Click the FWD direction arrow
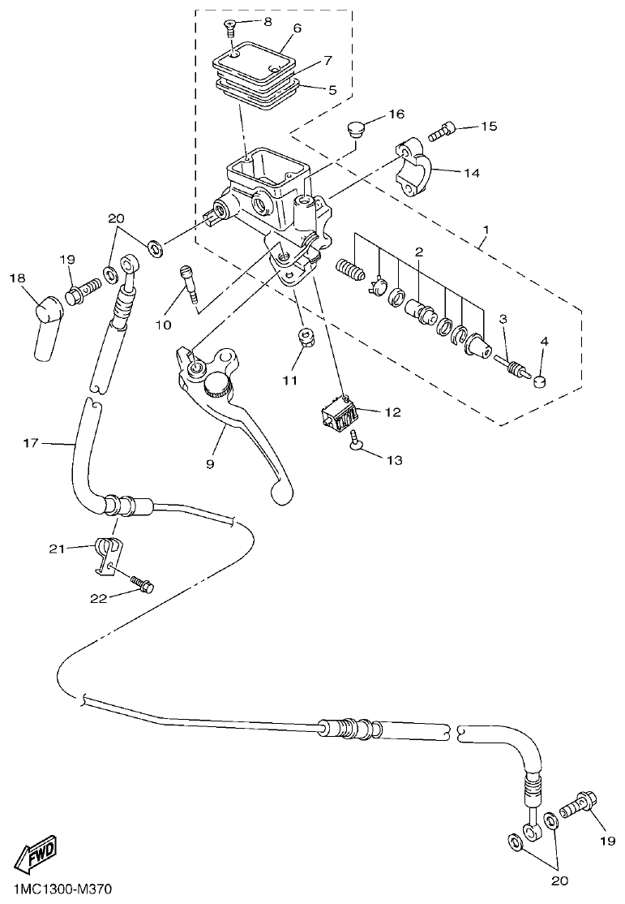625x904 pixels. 39,854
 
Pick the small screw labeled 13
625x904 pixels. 355,441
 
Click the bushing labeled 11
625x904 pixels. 306,337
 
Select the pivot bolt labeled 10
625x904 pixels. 190,284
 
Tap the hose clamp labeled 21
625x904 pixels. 108,553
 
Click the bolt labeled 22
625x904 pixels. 143,583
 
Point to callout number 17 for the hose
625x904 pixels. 30,442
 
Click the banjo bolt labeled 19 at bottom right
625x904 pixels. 578,807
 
